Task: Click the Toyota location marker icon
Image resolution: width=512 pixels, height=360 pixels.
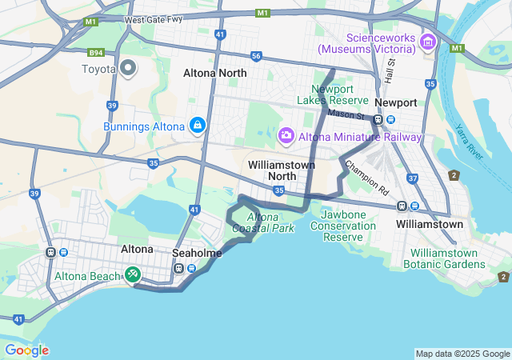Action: [x=128, y=68]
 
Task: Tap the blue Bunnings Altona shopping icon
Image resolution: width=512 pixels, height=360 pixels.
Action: [x=197, y=126]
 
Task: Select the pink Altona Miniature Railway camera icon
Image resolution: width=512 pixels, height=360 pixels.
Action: [x=286, y=137]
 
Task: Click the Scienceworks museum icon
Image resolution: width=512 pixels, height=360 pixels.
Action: [x=428, y=42]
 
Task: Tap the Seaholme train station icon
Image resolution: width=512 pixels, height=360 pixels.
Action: [x=190, y=267]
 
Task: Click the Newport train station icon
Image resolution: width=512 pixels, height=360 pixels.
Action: [x=378, y=119]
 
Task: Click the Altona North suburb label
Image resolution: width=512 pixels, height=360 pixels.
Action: [x=215, y=73]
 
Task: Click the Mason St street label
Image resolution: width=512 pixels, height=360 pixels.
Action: [x=346, y=115]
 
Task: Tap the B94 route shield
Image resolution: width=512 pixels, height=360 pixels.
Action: [x=97, y=54]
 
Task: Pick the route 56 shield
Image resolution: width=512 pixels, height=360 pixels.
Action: [x=256, y=56]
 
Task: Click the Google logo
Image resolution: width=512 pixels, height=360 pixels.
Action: [x=26, y=350]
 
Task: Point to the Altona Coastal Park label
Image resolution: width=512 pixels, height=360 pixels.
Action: [x=263, y=222]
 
